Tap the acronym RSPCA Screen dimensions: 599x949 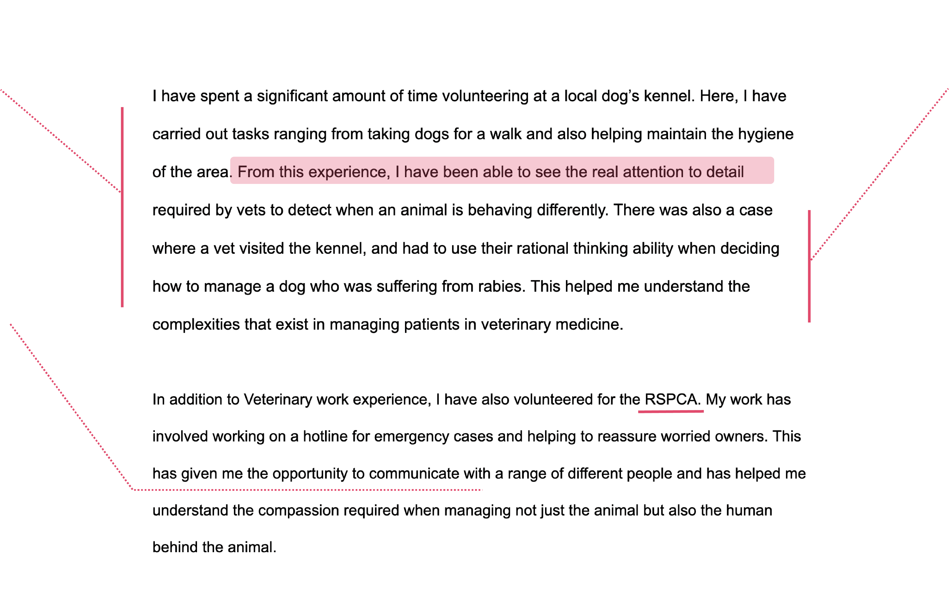671,400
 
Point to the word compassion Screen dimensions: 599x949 298,510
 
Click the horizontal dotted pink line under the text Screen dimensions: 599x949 307,490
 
